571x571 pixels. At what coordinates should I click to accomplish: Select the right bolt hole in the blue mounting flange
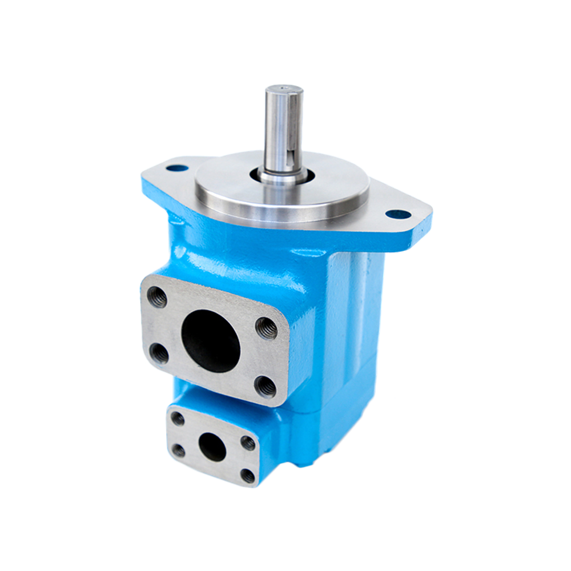[400, 215]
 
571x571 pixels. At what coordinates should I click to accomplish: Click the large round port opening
[211, 340]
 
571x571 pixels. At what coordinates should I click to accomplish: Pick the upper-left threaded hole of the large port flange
[158, 297]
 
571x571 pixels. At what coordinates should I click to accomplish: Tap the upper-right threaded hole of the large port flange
[266, 328]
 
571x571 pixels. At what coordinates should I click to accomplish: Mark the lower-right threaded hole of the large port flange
[264, 387]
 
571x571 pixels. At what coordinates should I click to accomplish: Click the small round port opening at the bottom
[212, 448]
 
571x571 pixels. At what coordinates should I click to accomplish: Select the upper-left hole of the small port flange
[178, 420]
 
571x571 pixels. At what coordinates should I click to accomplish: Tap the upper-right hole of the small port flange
[248, 443]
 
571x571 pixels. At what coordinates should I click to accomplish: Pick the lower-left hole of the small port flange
[179, 451]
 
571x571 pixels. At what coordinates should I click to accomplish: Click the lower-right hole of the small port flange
[247, 475]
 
